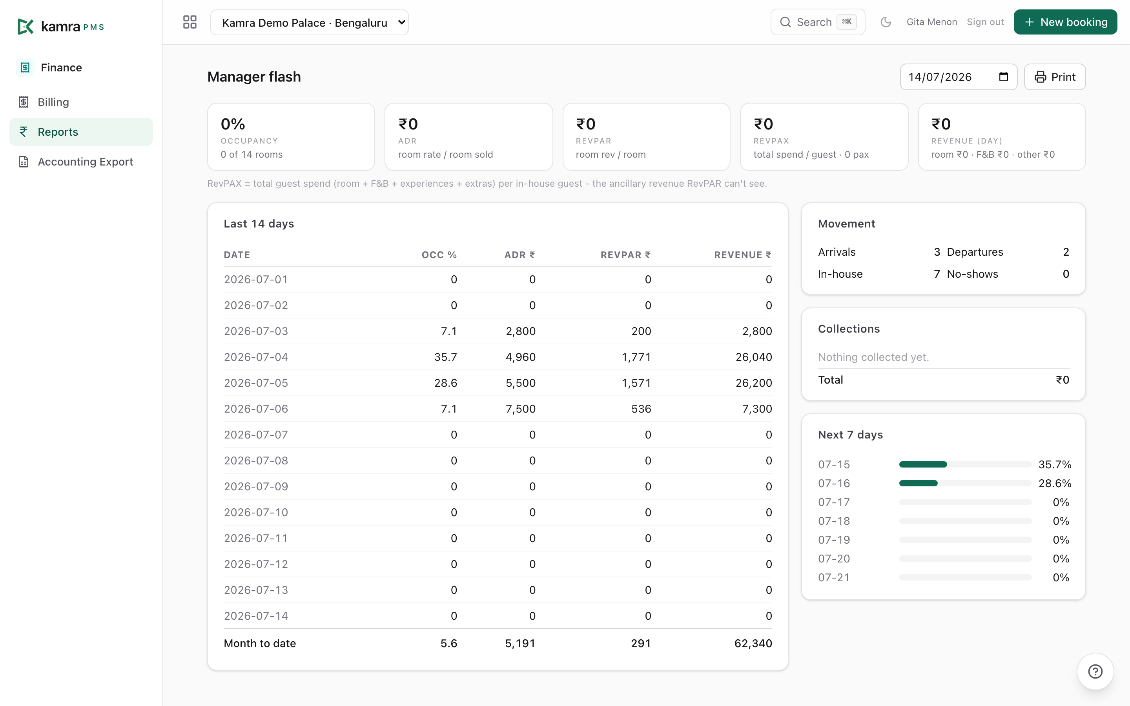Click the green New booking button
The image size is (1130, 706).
point(1065,22)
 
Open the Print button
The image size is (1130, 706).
point(1054,77)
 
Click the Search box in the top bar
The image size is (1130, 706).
point(818,22)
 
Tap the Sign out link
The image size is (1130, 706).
point(985,22)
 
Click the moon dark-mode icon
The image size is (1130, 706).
point(886,22)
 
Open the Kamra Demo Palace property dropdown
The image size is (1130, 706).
point(309,22)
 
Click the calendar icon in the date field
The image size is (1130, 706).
point(1003,77)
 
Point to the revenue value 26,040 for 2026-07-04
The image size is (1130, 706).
point(754,357)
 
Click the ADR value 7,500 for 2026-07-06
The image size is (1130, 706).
point(521,409)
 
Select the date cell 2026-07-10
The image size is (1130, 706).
point(256,513)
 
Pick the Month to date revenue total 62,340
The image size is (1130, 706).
point(753,643)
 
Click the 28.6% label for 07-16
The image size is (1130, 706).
point(1055,483)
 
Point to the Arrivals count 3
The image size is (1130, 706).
point(937,252)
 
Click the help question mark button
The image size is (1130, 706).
point(1095,671)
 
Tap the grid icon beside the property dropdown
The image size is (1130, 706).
point(190,22)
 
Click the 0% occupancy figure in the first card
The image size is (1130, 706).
point(233,124)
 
